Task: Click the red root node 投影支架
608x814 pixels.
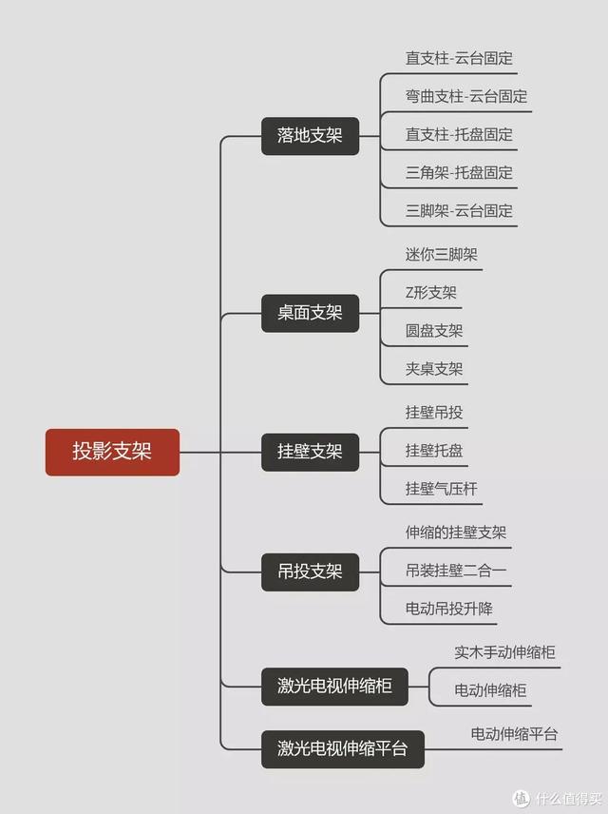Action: tap(112, 452)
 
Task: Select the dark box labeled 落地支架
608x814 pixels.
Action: tap(310, 136)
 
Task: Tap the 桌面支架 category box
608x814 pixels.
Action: tap(310, 312)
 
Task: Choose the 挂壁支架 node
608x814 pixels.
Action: tap(310, 452)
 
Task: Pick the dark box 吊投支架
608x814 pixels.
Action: tap(310, 572)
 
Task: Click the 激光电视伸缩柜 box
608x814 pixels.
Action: tap(335, 686)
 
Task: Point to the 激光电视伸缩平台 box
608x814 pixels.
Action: tap(342, 748)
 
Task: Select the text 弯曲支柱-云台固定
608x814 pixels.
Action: tap(466, 96)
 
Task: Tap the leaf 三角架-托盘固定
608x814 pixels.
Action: tap(460, 172)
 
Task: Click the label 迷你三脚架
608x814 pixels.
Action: tap(441, 255)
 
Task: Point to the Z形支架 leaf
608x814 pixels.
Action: tap(431, 293)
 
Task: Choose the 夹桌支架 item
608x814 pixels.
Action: tap(434, 369)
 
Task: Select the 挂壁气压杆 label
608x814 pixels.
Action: tap(442, 489)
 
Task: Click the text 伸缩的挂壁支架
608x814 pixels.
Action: tap(456, 533)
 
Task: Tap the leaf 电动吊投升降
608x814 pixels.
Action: tap(449, 609)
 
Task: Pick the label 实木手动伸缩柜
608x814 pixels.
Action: tap(504, 652)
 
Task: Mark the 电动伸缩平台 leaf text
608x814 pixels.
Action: tap(514, 734)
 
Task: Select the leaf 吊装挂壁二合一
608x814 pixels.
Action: tap(456, 571)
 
